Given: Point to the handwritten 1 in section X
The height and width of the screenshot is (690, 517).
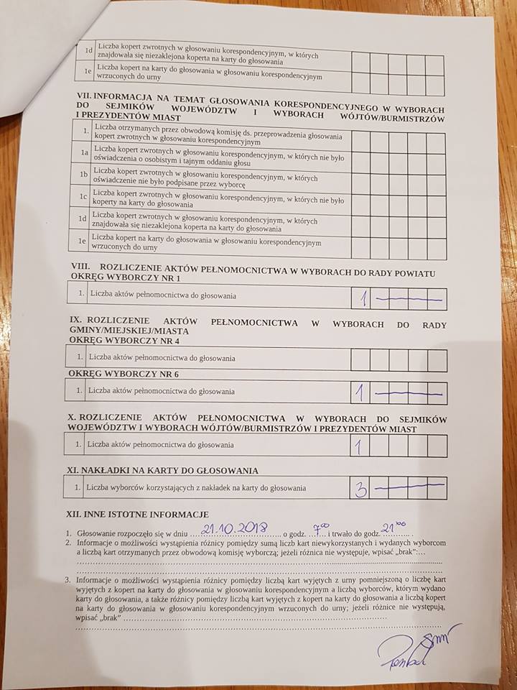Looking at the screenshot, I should pos(358,446).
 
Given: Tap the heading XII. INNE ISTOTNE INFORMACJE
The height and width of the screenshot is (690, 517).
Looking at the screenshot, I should pos(137,515).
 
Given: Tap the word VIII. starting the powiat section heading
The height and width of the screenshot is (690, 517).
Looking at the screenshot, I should pos(78,267).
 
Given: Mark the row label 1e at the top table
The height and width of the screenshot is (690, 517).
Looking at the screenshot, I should pos(88,72).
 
